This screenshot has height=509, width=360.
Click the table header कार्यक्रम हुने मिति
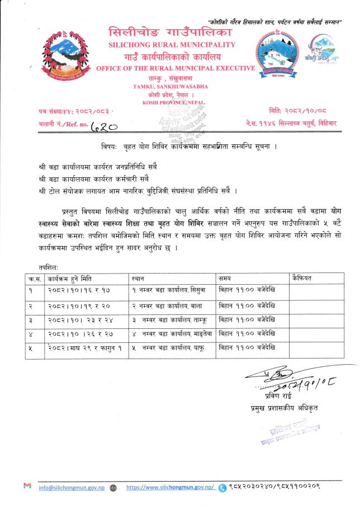(x=70, y=278)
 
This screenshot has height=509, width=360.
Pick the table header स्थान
(x=138, y=278)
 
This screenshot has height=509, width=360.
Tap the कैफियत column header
(x=302, y=278)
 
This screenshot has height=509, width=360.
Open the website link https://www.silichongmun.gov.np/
(x=170, y=488)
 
